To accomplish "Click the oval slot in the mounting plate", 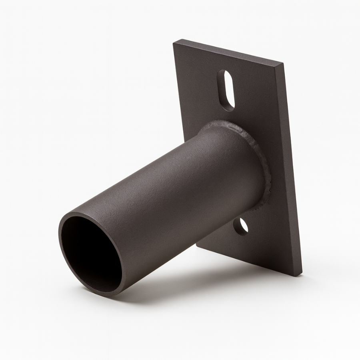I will (x=227, y=90).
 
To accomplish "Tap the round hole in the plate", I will (x=242, y=226).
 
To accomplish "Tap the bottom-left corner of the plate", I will (x=197, y=245).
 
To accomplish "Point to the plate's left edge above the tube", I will (x=180, y=100).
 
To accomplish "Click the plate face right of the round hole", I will (x=268, y=232).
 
